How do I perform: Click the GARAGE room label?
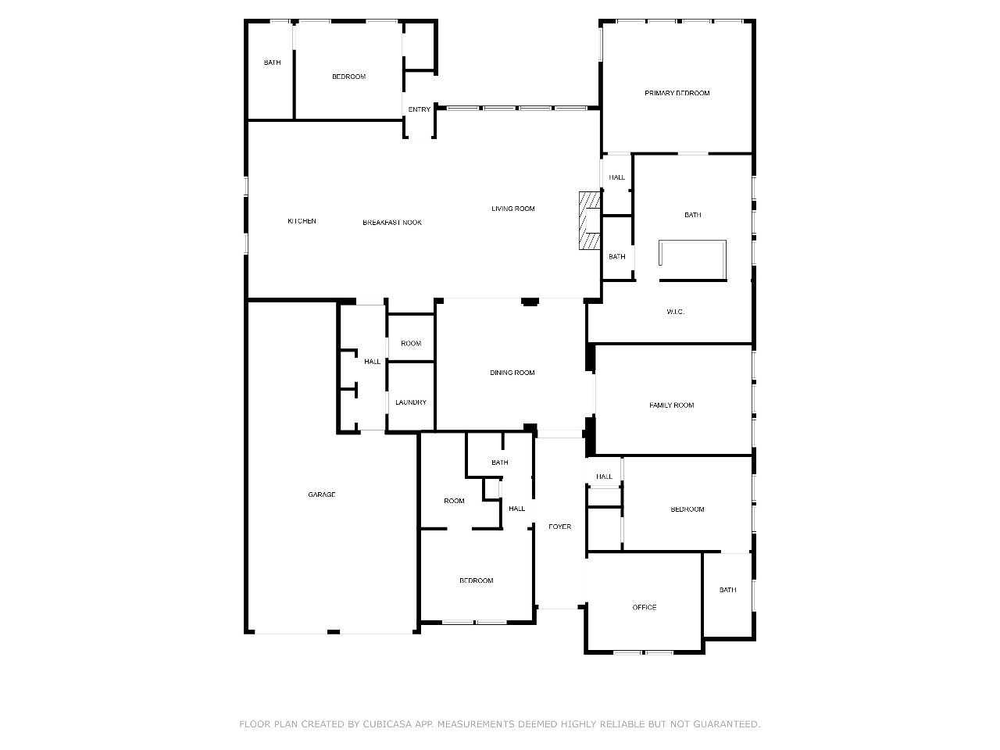pos(321,494)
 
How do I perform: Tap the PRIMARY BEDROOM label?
pos(677,93)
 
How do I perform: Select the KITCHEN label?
pos(302,221)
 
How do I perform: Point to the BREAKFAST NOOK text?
pos(392,222)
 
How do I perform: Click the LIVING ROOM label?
pos(512,209)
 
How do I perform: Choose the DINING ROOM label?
pos(512,373)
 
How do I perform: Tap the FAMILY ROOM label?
pos(671,405)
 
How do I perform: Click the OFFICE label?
pos(645,607)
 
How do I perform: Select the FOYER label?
pos(559,527)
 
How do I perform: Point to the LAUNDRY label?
pos(410,402)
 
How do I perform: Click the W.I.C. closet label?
pos(675,312)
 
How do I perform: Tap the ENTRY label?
pos(419,109)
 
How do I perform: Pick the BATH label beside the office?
pos(727,590)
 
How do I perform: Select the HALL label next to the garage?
pos(372,362)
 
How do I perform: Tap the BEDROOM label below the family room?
pos(687,509)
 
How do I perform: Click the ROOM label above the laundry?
pos(410,343)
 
